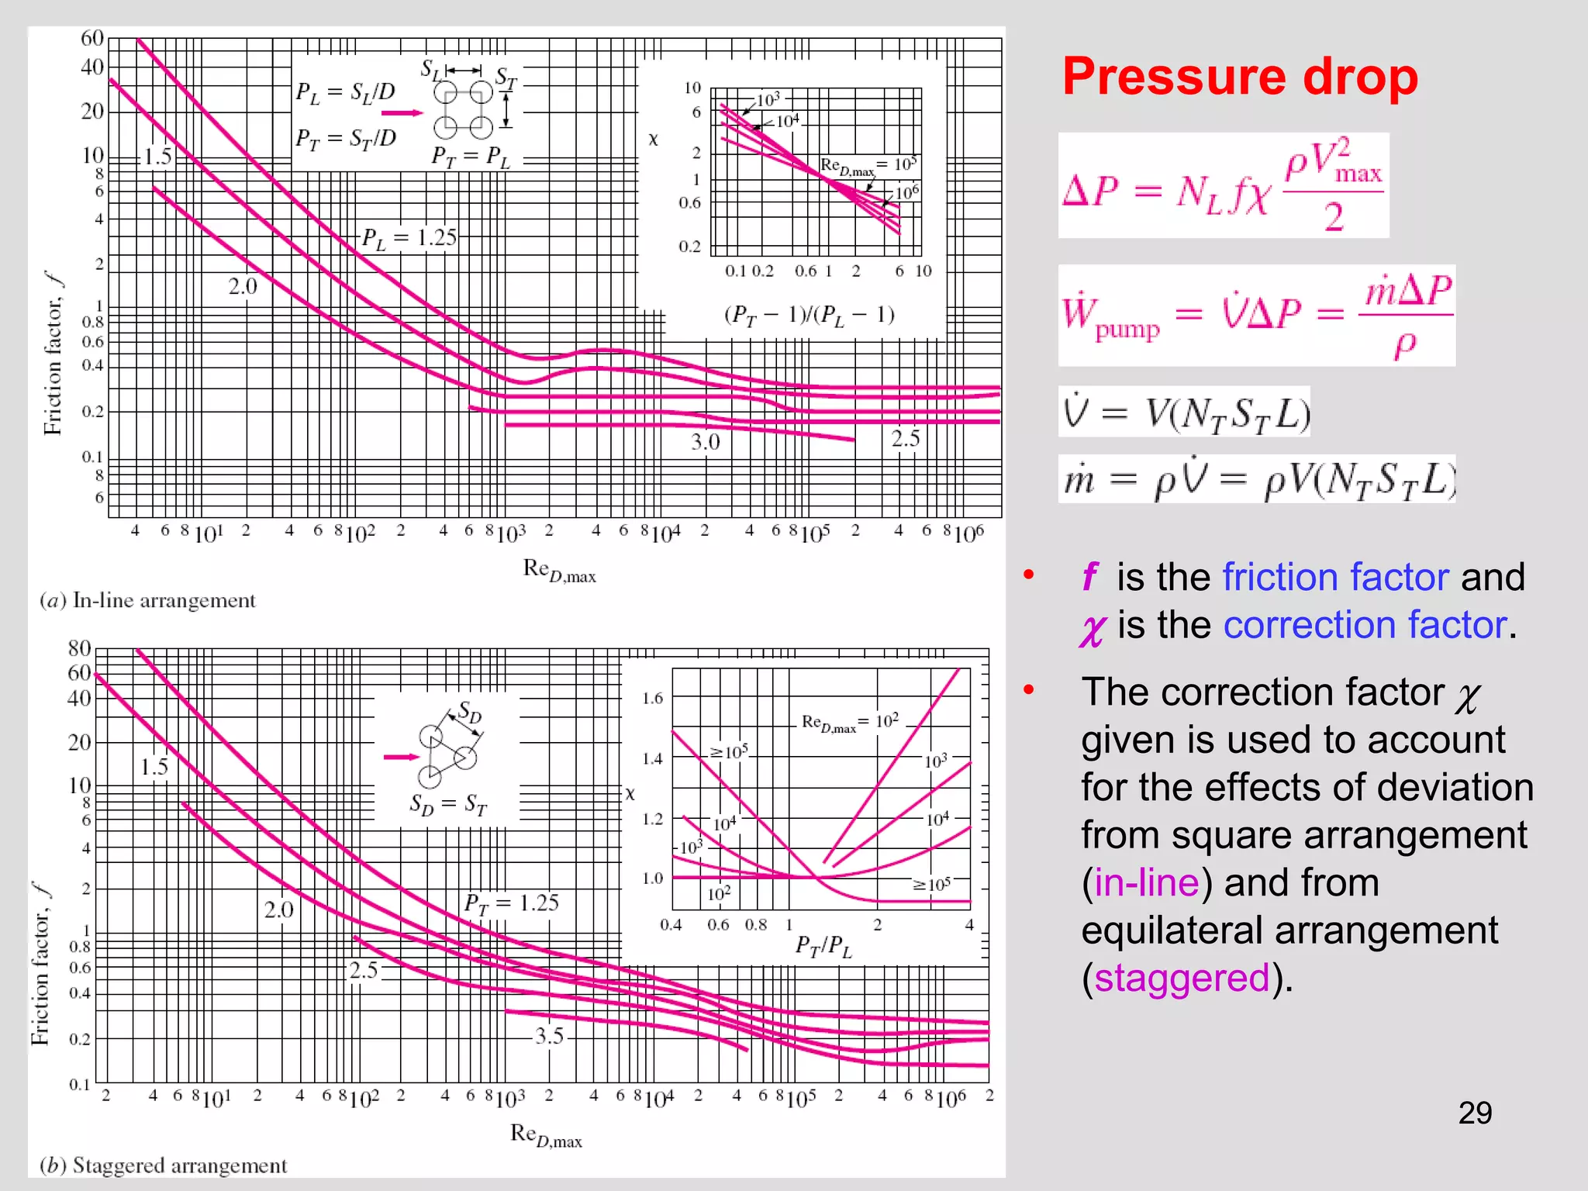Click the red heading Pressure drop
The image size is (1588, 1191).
pyautogui.click(x=1239, y=78)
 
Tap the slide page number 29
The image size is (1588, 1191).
pyautogui.click(x=1475, y=1113)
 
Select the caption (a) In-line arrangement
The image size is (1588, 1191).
pyautogui.click(x=148, y=600)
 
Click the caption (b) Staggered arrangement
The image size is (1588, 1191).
pyautogui.click(x=164, y=1165)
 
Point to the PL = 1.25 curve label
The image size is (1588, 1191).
pyautogui.click(x=409, y=238)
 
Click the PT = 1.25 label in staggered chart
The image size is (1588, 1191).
pyautogui.click(x=511, y=903)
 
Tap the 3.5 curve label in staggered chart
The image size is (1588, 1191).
pyautogui.click(x=550, y=1036)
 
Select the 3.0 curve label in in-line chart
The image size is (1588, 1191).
pyautogui.click(x=706, y=442)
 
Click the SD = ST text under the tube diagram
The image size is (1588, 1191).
pyautogui.click(x=448, y=804)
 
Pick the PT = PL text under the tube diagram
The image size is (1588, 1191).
pyautogui.click(x=471, y=157)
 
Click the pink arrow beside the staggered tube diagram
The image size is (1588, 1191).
pyautogui.click(x=401, y=757)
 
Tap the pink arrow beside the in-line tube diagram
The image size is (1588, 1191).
pyautogui.click(x=402, y=113)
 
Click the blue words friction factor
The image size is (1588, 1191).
pyautogui.click(x=1335, y=578)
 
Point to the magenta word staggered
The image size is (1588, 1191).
pyautogui.click(x=1182, y=978)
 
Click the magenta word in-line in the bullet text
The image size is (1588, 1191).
pyautogui.click(x=1147, y=882)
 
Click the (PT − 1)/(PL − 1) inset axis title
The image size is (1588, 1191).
pyautogui.click(x=809, y=315)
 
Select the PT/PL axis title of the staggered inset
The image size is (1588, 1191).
pyautogui.click(x=823, y=947)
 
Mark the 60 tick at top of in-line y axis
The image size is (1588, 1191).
pyautogui.click(x=92, y=38)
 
